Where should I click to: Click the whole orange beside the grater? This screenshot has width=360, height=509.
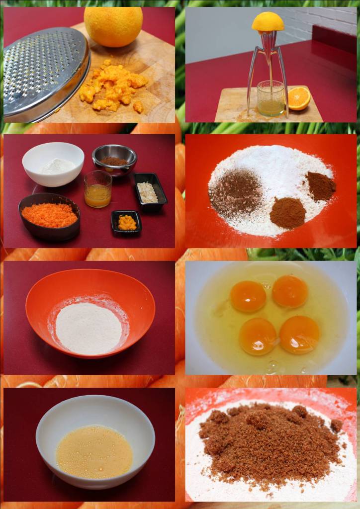tap(113, 26)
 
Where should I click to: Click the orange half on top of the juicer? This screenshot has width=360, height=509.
tap(268, 22)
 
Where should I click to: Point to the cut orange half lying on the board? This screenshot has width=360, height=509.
tap(299, 98)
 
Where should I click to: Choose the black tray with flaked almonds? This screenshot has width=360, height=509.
tap(148, 192)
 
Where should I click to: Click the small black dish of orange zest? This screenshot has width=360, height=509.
tap(126, 223)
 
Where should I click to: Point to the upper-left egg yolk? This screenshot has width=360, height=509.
tap(248, 296)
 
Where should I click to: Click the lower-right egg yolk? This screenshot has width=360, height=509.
tap(299, 335)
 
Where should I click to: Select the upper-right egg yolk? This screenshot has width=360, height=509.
tap(290, 291)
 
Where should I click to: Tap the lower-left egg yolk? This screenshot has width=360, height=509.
tap(258, 336)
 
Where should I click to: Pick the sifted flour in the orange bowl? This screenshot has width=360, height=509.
tap(89, 329)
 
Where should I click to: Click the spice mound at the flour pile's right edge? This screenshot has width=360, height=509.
tap(321, 186)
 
